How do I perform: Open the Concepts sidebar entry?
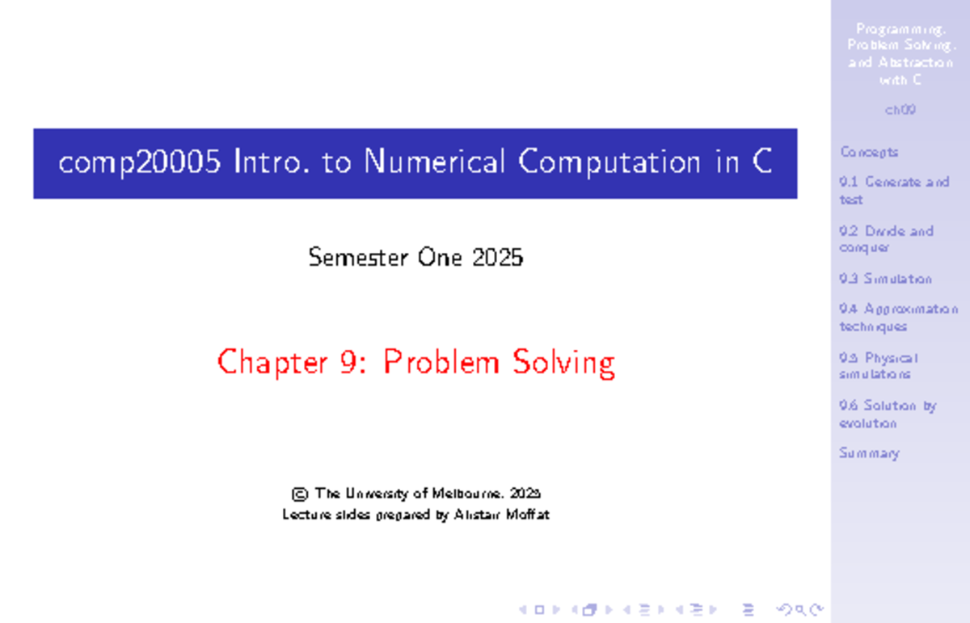869,152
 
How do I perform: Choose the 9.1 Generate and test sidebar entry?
893,191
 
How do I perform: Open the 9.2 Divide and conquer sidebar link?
886,239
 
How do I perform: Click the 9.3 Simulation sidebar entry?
885,279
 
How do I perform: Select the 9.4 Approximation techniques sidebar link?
897,318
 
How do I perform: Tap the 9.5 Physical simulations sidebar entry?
878,366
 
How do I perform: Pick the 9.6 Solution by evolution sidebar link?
887,414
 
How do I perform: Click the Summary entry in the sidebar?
869,453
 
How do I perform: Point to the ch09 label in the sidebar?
900,110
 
